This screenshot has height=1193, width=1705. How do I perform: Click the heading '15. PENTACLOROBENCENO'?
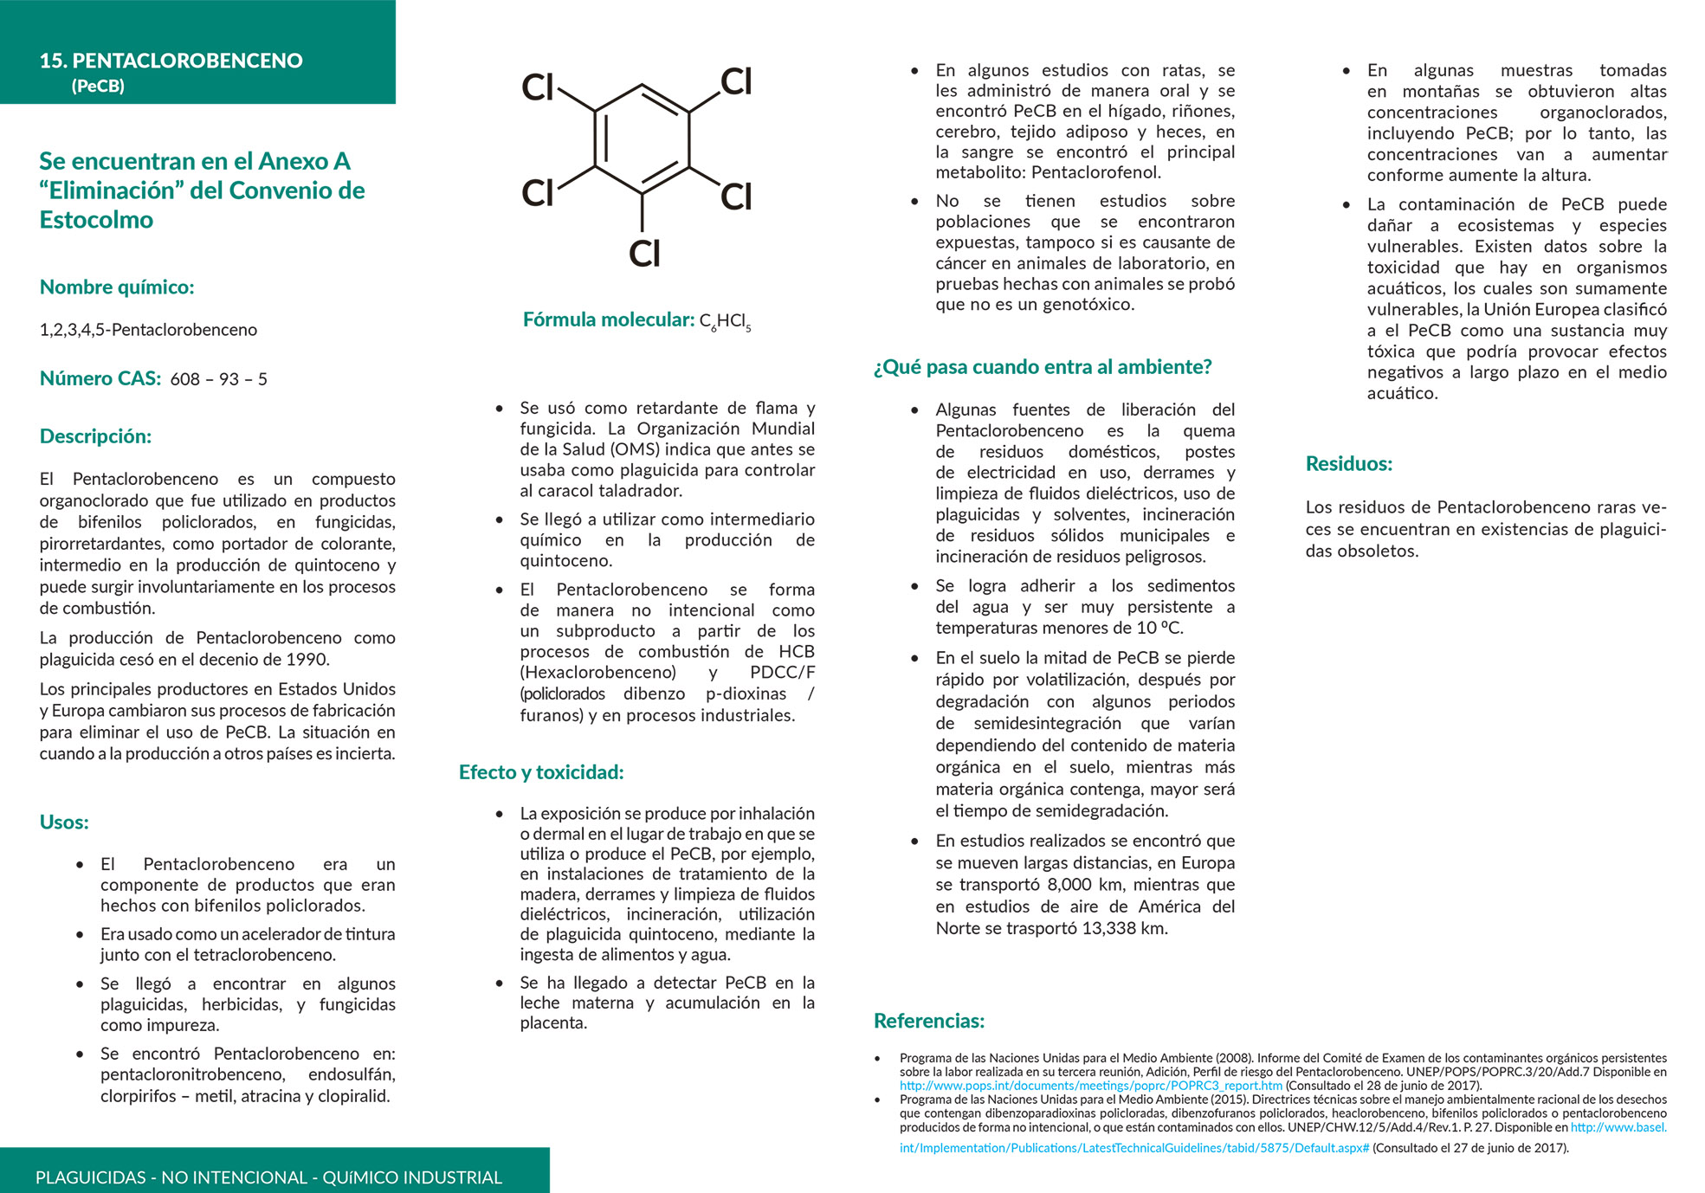coord(171,61)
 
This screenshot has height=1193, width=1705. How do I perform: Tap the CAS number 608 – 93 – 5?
coord(218,379)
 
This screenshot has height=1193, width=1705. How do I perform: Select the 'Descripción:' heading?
coord(95,436)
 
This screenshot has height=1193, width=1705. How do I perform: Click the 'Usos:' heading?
coord(64,822)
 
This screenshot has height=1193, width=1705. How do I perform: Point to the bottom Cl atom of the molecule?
coord(644,254)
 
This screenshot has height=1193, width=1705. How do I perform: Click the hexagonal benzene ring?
coord(642,139)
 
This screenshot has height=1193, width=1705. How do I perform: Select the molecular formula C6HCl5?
coord(725,321)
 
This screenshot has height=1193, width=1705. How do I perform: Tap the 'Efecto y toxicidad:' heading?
coord(540,772)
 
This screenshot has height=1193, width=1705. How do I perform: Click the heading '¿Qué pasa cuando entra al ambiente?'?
coord(1042,367)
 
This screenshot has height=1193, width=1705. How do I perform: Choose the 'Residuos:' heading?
coord(1348,464)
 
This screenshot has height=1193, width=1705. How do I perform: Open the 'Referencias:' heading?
coord(928,1021)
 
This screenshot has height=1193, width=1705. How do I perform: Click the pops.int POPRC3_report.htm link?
coord(1090,1086)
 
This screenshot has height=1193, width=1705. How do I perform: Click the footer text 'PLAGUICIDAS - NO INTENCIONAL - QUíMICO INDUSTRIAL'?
coord(268,1177)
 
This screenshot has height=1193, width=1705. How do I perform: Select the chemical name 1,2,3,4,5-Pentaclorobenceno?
coord(148,330)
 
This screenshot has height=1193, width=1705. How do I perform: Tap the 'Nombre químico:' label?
coord(117,287)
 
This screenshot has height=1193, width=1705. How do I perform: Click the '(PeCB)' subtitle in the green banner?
coord(98,86)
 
